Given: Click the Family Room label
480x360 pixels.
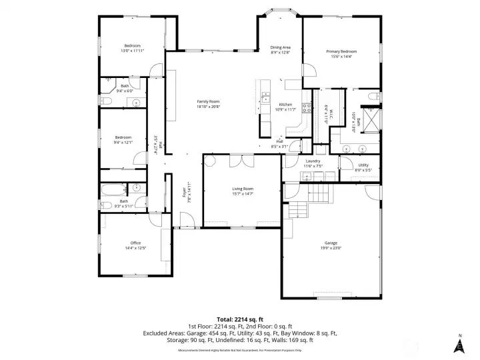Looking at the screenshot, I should coord(208,101).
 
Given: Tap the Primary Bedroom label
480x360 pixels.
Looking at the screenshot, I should coord(341,51).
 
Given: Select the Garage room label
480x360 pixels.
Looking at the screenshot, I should coord(331,243).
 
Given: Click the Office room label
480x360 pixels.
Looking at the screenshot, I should coord(135,243).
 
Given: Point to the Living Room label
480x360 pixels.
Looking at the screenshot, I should coord(243,189).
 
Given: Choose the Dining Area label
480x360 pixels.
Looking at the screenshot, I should coord(281,47).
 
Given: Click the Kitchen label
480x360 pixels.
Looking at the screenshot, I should coord(285,105).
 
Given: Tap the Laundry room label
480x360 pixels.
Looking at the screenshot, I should coord(313,161).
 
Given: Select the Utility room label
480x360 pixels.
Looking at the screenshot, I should coord(363,165).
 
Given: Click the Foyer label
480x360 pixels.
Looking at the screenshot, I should coord(184,193).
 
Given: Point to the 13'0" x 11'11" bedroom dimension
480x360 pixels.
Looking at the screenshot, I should coord(133,51).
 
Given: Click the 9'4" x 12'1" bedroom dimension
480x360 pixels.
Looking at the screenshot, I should coord(123,142).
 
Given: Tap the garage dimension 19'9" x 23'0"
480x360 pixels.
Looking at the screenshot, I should coord(331,248).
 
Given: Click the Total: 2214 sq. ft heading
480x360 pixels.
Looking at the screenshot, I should coord(240,319).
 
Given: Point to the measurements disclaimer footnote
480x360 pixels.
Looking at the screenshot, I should coord(239,350).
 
